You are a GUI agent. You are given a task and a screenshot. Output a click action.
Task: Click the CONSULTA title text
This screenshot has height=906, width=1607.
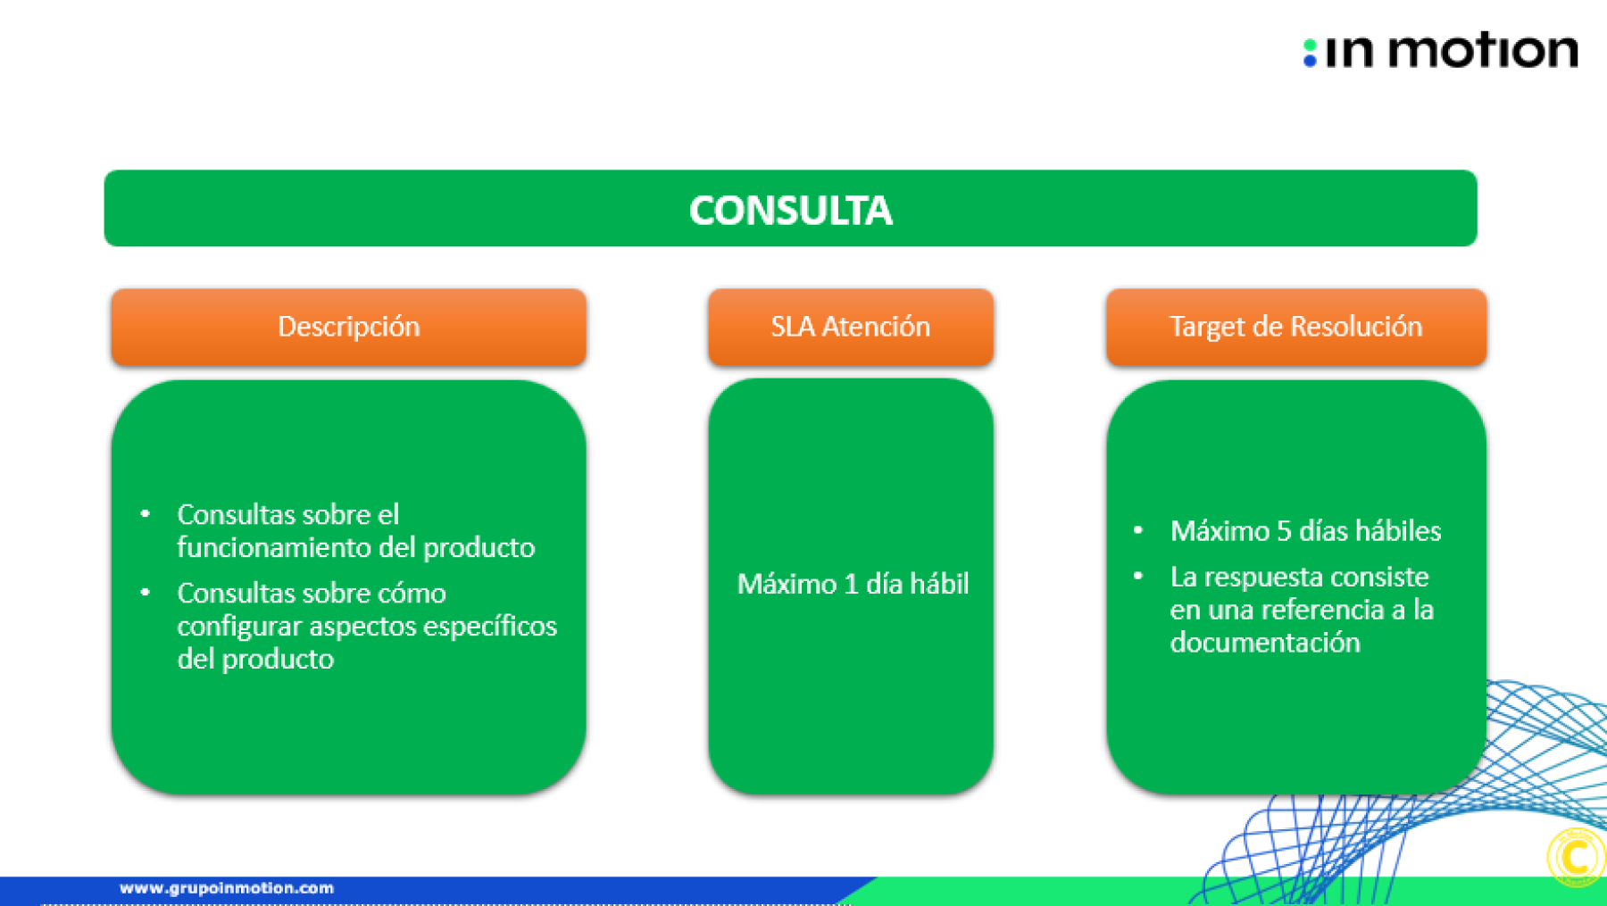790,211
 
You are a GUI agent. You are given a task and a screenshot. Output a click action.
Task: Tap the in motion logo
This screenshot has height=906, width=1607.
1440,50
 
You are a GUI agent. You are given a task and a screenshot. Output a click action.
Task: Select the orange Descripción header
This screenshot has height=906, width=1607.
349,327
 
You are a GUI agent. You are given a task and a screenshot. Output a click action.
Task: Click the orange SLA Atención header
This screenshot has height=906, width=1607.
851,327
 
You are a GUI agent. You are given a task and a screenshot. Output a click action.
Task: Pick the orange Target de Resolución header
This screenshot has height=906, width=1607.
1296,327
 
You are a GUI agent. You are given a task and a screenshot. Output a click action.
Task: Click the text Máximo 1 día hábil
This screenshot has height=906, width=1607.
853,584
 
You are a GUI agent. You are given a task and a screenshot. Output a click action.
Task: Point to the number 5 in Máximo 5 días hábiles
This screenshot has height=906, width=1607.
1284,531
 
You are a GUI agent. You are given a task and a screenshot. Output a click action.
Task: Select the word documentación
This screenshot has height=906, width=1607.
1265,643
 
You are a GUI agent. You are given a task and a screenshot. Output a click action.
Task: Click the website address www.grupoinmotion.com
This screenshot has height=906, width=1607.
227,888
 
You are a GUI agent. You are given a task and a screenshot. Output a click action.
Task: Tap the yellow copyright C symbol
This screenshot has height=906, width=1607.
1576,858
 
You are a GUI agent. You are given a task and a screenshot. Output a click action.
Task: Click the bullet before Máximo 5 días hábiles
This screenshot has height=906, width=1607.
1137,530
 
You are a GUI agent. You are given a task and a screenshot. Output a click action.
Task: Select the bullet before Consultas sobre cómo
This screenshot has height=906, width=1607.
145,592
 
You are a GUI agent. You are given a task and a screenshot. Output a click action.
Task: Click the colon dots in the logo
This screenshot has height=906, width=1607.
1310,53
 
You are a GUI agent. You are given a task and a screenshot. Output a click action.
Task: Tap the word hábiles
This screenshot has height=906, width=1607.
1398,531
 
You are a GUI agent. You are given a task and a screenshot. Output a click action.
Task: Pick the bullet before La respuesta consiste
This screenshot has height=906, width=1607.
1137,577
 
